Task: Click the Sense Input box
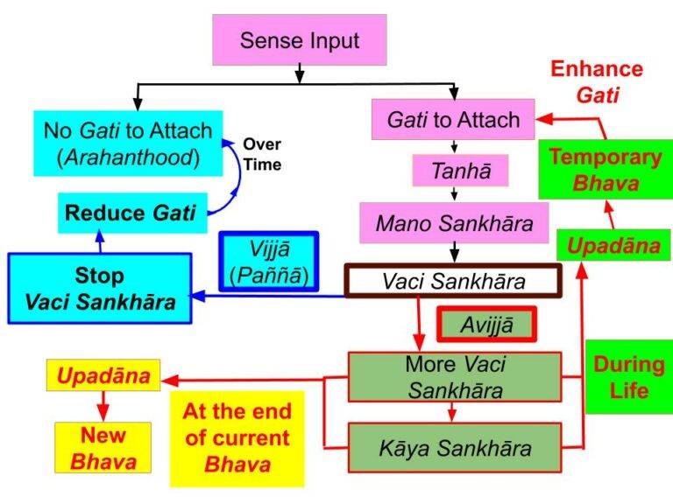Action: [x=300, y=40]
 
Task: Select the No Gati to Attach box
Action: [x=128, y=144]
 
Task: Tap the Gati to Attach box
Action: [x=453, y=120]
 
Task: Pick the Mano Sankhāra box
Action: [x=454, y=224]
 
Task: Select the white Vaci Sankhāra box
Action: [x=453, y=281]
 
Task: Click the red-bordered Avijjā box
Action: [x=486, y=326]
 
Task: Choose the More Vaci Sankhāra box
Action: [x=454, y=376]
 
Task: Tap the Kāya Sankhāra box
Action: [x=454, y=447]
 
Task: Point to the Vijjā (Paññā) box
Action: [x=269, y=262]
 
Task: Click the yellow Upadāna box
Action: [x=103, y=377]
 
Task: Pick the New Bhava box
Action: [x=103, y=446]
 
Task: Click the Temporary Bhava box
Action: [x=605, y=170]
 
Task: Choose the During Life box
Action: [x=627, y=376]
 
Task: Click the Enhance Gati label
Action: [x=597, y=81]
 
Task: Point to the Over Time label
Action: [x=262, y=154]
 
